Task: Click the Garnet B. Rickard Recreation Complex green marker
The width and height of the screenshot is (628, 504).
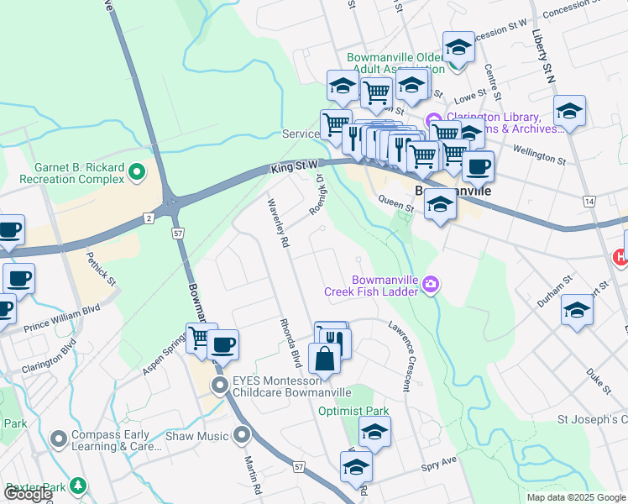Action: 138,174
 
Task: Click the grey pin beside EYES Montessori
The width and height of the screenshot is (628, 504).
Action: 220,386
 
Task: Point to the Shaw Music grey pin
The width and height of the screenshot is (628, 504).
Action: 243,435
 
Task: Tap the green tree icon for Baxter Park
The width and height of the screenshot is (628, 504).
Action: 78,486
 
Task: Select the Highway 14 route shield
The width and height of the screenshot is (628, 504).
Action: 590,202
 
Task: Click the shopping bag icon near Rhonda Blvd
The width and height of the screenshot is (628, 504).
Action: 324,360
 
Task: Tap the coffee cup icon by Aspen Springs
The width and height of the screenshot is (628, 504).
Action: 222,344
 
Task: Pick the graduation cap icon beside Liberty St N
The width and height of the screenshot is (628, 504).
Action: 569,112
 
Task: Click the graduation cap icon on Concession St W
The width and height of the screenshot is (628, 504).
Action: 458,47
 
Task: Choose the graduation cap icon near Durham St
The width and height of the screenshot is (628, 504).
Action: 577,309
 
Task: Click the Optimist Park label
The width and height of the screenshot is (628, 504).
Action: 353,412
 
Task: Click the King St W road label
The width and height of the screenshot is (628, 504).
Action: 294,169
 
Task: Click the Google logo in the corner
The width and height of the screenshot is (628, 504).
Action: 28,494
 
